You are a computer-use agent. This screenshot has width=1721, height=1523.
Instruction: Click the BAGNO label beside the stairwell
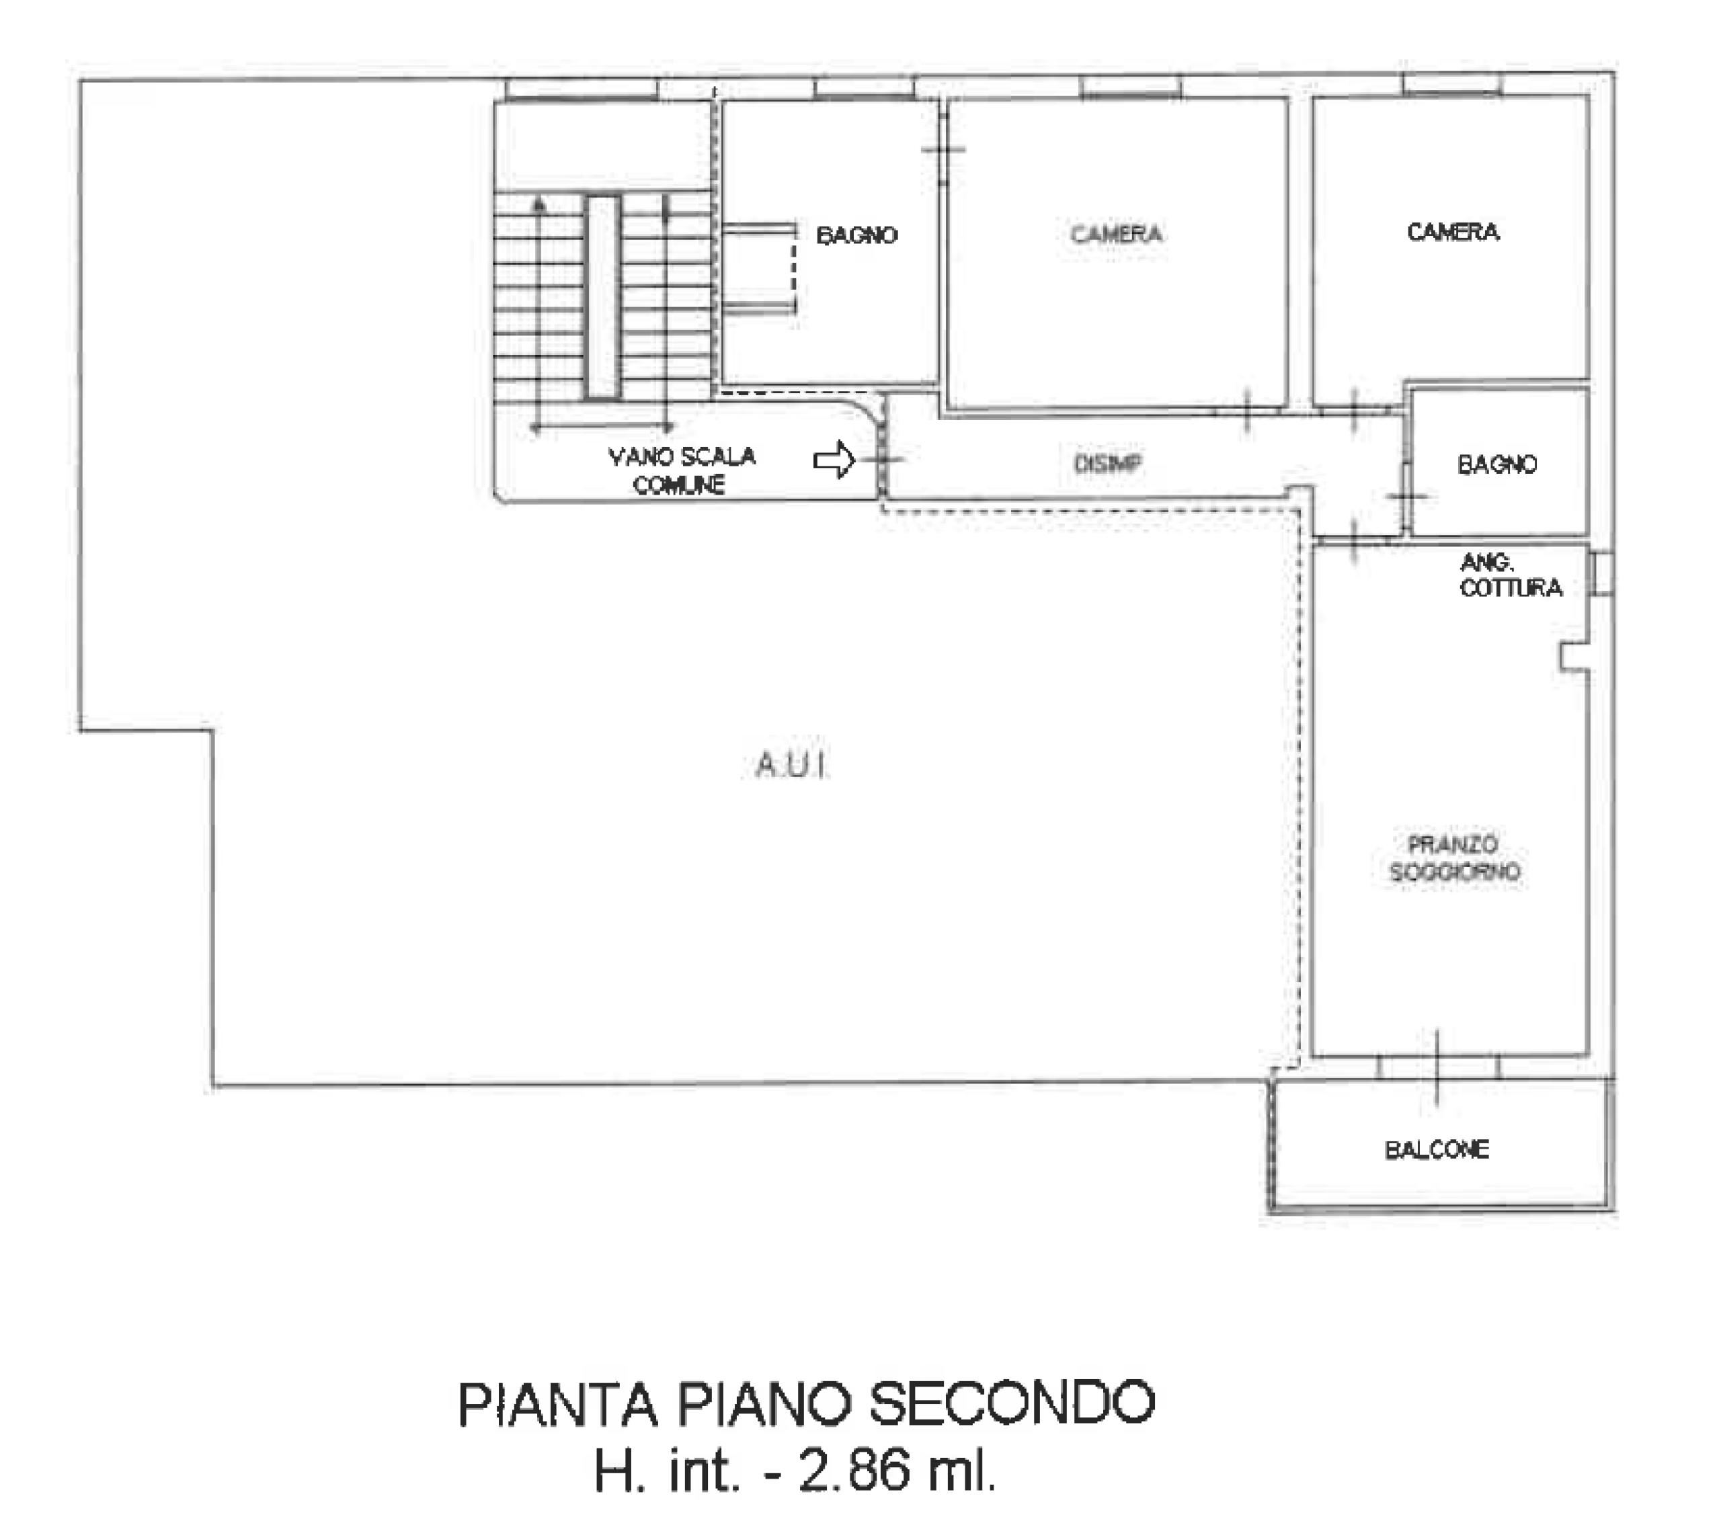click(856, 235)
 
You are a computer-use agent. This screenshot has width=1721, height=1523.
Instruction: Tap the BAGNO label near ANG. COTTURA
click(1497, 464)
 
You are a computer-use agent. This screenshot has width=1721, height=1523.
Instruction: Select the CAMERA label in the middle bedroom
click(1117, 233)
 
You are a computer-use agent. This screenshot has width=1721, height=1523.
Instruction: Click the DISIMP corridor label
click(1108, 463)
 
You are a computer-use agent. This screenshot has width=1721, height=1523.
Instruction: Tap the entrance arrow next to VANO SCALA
click(834, 460)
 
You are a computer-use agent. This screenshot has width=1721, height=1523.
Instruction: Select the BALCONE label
click(1437, 1149)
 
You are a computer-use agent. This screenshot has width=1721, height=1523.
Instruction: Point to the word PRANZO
click(1453, 843)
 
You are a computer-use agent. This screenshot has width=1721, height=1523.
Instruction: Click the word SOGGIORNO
click(1454, 871)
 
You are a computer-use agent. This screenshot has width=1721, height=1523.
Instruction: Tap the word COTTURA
click(1511, 587)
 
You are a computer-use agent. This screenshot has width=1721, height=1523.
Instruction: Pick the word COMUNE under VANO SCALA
click(680, 485)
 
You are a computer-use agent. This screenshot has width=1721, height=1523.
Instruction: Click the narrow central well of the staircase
click(603, 297)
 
